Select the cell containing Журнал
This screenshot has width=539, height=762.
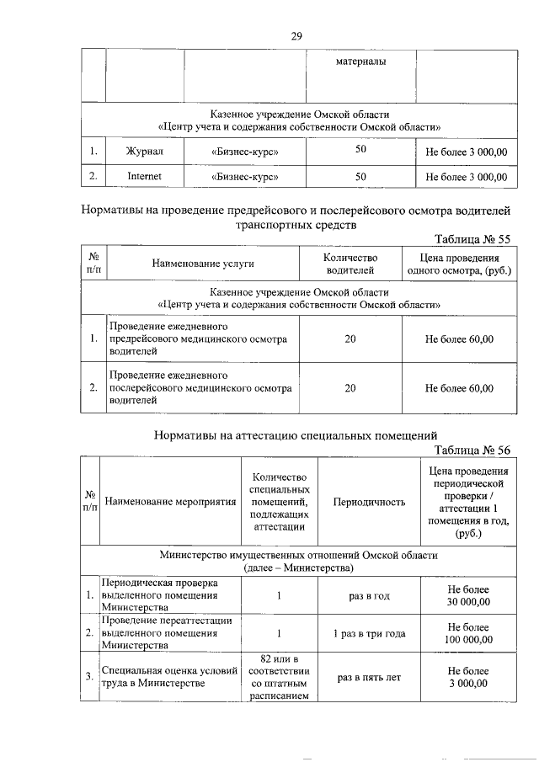pos(143,152)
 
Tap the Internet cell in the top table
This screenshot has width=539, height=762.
pos(143,177)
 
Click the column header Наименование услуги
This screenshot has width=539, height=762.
pos(203,264)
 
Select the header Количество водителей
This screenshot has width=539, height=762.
pos(350,264)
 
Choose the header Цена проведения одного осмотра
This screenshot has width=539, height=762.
pos(459,264)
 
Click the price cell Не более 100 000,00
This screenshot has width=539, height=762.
pos(469,633)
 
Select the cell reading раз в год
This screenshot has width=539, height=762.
pos(369,596)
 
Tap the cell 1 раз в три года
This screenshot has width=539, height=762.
pos(369,633)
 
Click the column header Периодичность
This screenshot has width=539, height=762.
pos(369,502)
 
